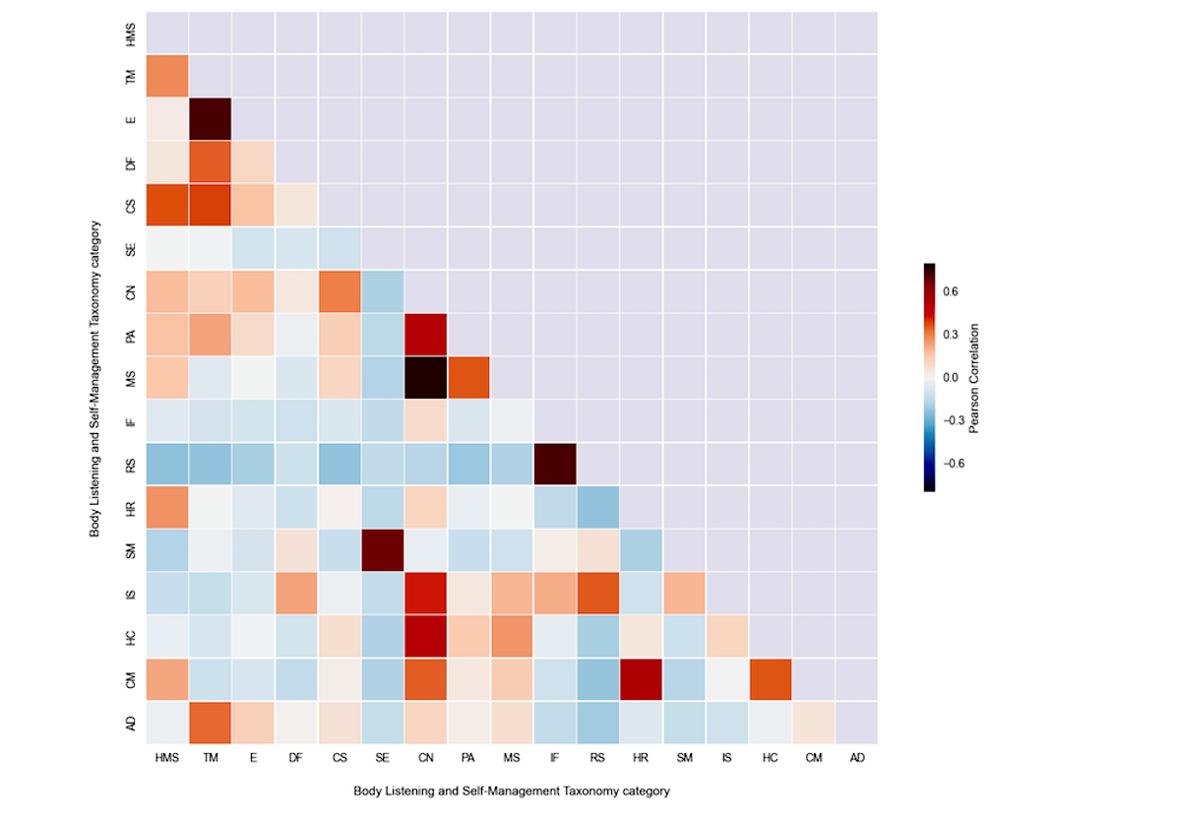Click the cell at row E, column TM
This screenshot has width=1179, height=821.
pos(209,118)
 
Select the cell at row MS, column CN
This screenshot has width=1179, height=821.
pos(425,377)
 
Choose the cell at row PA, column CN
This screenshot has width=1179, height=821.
pos(425,334)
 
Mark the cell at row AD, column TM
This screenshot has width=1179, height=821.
pos(209,723)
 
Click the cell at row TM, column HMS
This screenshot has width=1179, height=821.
pos(166,76)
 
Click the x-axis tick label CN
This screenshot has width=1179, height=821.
pos(425,758)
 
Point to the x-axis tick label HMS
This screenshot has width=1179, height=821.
pos(166,758)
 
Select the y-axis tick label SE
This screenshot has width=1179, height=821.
pos(131,248)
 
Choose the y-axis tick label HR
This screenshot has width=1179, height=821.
pos(131,507)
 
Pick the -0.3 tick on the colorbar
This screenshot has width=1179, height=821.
pos(954,419)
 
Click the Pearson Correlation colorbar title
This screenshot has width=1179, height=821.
pos(974,377)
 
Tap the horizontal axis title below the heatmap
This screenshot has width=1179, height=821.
pos(511,790)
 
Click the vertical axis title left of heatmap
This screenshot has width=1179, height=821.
pos(95,377)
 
